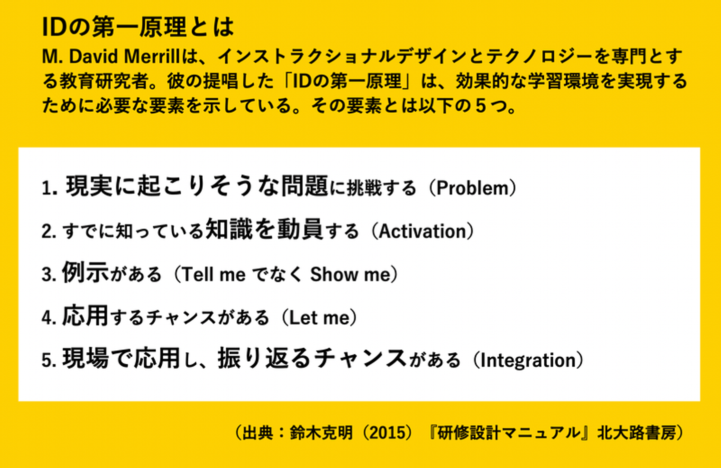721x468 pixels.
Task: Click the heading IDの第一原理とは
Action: point(138,27)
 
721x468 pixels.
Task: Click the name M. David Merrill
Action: point(111,56)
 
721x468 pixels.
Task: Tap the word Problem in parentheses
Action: point(472,188)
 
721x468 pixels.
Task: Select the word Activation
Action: point(422,231)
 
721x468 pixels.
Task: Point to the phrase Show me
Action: point(350,275)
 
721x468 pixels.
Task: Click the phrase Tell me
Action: point(214,275)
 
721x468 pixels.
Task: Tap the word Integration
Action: point(528,360)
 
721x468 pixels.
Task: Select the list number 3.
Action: point(49,275)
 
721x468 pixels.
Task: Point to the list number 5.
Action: point(49,361)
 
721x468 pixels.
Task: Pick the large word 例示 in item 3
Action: point(85,272)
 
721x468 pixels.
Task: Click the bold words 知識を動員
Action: point(264,229)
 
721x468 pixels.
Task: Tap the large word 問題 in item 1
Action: point(304,186)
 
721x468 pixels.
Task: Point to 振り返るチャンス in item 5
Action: point(311,358)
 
